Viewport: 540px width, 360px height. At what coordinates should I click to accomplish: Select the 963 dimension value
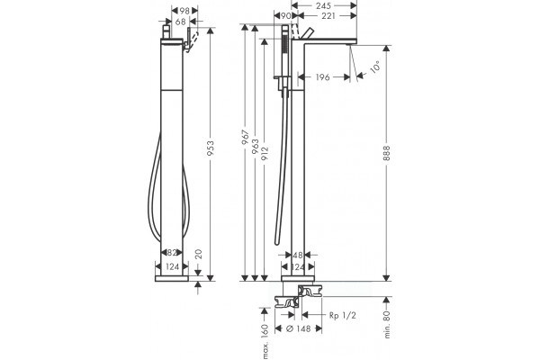pos(255,147)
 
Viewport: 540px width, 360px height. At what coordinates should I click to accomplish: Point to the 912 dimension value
pos(265,155)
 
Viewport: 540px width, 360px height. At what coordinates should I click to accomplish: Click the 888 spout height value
pos(387,153)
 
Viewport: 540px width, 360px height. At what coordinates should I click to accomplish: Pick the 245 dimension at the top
pos(323,5)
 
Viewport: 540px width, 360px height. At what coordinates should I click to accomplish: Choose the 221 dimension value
pos(328,15)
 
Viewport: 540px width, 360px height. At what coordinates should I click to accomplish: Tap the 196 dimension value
pos(323,77)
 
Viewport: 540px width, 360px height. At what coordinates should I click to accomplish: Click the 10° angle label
pos(375,66)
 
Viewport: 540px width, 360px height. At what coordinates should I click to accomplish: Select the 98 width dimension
pos(184,11)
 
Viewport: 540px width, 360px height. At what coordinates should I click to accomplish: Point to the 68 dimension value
pos(181,22)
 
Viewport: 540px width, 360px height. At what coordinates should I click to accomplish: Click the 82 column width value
pos(172,253)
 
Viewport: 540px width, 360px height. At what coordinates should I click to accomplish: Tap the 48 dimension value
pos(298,256)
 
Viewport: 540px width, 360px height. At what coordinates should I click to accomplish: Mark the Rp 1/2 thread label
pos(342,315)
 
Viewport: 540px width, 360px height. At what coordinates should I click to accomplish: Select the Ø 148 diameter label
pos(299,328)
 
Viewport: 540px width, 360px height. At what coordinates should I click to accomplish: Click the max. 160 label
pos(265,341)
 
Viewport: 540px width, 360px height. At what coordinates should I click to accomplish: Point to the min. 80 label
pos(387,324)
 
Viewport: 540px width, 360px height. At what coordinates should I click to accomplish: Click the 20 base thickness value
pos(198,254)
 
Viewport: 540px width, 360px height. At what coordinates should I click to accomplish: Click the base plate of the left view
pos(172,278)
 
